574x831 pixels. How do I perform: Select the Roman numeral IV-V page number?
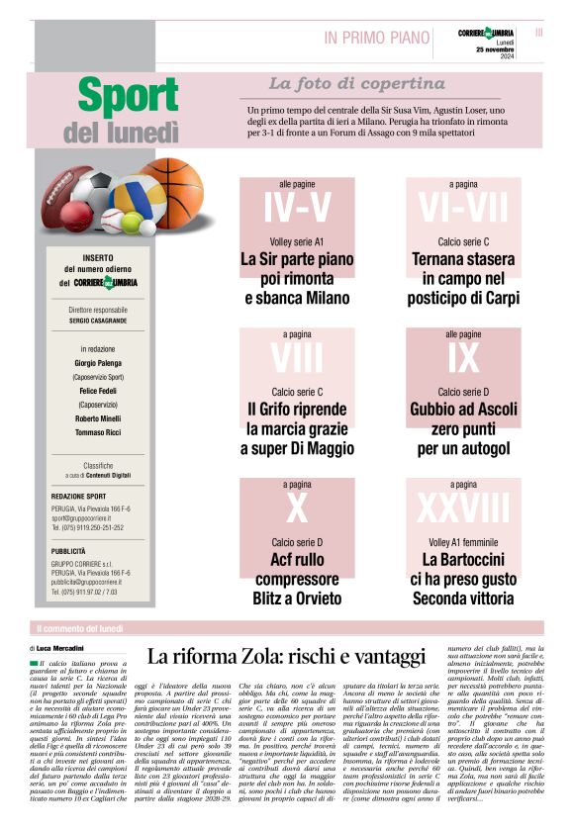(x=297, y=209)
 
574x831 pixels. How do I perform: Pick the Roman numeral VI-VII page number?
(x=462, y=209)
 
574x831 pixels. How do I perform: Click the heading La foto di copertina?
(x=342, y=84)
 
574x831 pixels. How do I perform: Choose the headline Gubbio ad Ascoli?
(x=463, y=409)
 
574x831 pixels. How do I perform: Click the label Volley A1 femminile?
(x=463, y=542)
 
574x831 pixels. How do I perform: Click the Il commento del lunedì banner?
(x=79, y=628)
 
